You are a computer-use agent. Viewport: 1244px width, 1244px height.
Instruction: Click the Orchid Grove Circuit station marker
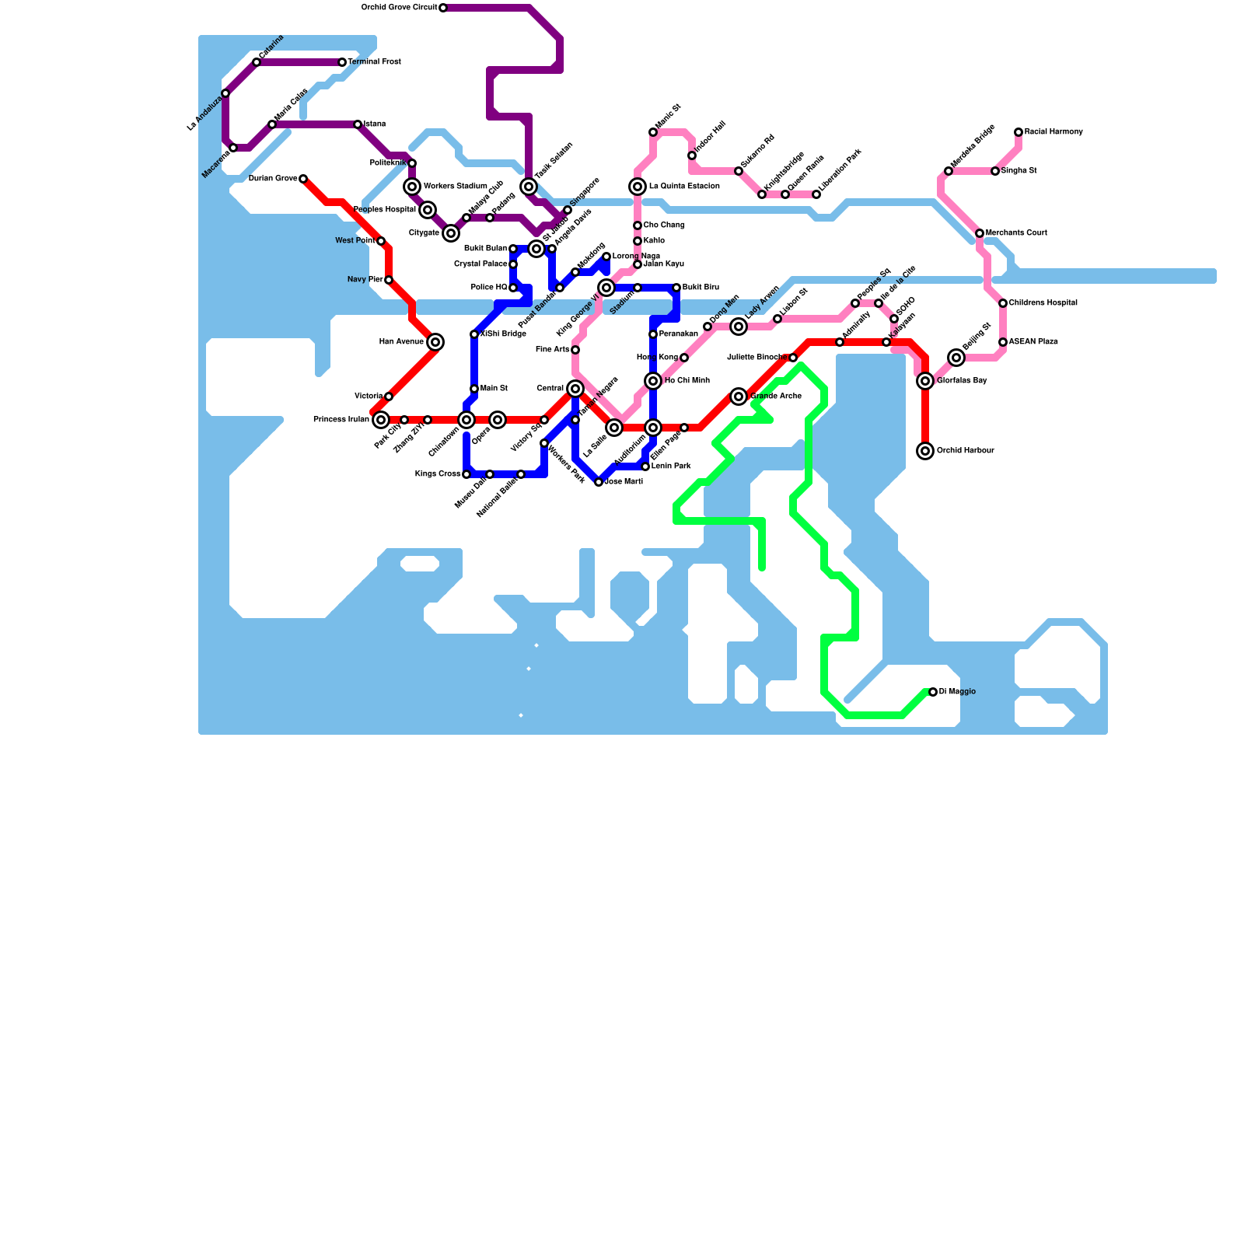pos(443,8)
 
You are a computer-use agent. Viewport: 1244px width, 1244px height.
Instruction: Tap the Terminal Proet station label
pos(374,62)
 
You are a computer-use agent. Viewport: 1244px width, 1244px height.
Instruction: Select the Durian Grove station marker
pos(303,179)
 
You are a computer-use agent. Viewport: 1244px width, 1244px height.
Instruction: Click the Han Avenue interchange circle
pos(435,342)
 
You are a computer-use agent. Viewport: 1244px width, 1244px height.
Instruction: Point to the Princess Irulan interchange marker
pos(381,420)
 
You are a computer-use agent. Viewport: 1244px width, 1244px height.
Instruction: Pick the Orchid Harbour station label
pos(965,451)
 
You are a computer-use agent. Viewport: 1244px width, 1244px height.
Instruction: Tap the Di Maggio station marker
pos(933,692)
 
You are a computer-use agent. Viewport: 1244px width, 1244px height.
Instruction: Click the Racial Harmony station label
pos(1054,132)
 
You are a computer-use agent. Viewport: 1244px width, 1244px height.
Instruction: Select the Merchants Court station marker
pos(980,233)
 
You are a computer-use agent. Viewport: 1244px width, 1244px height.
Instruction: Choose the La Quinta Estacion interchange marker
pos(638,187)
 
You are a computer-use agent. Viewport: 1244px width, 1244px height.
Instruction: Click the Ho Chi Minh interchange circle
pos(653,381)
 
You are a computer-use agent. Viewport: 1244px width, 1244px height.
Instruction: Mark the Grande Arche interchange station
pos(739,397)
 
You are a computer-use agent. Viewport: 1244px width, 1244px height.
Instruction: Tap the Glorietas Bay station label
pos(962,381)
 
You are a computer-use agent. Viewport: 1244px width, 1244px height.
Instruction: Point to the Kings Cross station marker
pos(466,474)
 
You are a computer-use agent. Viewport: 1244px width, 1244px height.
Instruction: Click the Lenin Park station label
pos(671,466)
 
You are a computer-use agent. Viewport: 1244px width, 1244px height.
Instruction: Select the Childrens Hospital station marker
pos(1003,303)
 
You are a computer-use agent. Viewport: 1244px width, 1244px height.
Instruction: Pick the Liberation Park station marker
pos(816,194)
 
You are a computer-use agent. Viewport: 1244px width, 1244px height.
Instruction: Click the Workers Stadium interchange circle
pos(412,187)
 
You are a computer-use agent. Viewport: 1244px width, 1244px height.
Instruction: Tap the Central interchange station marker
pos(575,389)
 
